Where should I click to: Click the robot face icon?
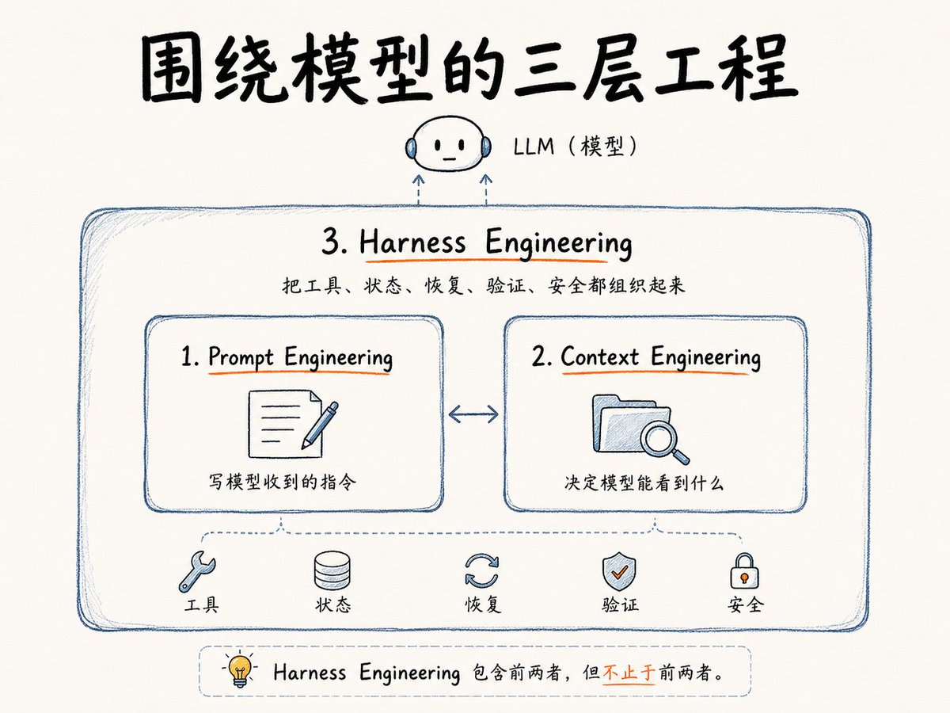[x=448, y=144]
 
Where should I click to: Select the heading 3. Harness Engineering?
[x=477, y=243]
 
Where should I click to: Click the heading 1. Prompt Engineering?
[x=287, y=357]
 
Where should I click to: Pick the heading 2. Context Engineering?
[x=646, y=357]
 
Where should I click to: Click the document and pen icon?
[x=293, y=424]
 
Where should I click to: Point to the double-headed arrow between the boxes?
[x=473, y=414]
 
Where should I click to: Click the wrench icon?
[x=197, y=571]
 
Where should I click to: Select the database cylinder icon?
[x=332, y=570]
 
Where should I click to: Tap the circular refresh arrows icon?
[x=481, y=571]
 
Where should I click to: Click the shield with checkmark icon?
[x=619, y=571]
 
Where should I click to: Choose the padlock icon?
[x=744, y=571]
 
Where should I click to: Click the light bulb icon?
[x=240, y=670]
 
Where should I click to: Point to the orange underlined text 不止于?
[x=629, y=673]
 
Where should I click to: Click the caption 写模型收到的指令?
[x=282, y=482]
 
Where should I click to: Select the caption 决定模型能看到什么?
[x=644, y=482]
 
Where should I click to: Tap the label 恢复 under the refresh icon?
[x=483, y=604]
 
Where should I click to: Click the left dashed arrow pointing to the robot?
[x=418, y=189]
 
